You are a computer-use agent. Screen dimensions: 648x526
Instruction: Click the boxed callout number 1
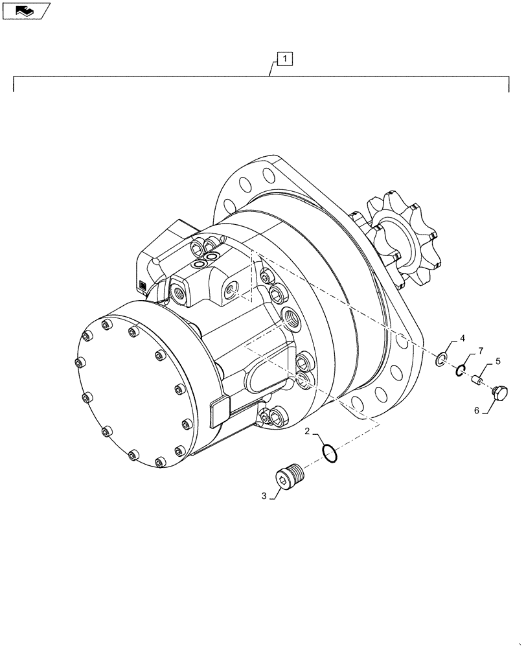click(x=286, y=60)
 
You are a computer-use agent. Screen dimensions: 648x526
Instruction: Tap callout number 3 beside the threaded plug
click(x=264, y=496)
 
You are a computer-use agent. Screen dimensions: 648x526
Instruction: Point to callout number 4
click(x=463, y=339)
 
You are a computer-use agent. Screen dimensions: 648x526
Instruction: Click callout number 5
click(x=498, y=361)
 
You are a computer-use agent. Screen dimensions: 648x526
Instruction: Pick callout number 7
click(x=481, y=351)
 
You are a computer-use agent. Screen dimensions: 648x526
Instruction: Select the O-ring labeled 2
click(x=329, y=453)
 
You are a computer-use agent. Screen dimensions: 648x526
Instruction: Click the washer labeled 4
click(x=442, y=359)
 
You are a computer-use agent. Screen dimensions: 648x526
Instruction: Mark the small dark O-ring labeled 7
click(x=459, y=370)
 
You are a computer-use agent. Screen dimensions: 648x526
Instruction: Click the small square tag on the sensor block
click(x=143, y=284)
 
